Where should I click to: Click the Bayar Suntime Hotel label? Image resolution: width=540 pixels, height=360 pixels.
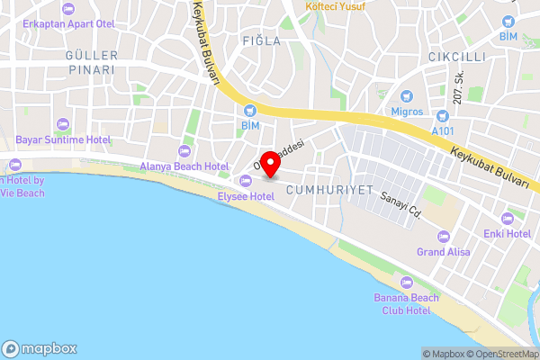point(63,139)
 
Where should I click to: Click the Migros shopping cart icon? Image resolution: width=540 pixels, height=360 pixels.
point(406,95)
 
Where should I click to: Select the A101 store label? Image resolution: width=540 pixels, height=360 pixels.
point(443,130)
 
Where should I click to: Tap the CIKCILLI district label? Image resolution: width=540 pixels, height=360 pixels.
point(437,56)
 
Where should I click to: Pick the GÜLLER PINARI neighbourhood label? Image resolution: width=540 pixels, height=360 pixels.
point(91,62)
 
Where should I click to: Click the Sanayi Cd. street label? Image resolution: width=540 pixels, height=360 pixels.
point(401,209)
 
